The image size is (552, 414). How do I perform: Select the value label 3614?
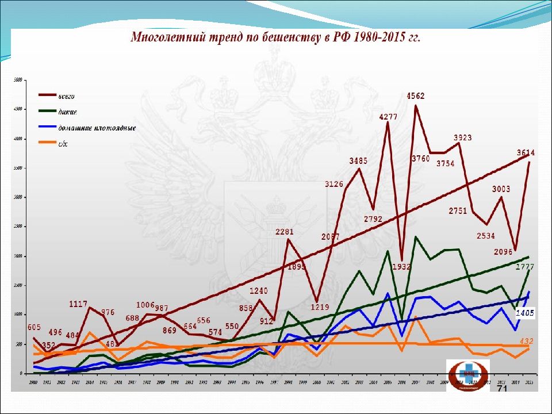coord(525,153)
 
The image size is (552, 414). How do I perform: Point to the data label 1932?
coord(401,266)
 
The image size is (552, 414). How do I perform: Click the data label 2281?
coord(285,232)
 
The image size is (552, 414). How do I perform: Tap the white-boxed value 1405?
coord(525,313)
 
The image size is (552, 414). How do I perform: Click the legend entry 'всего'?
coord(67,96)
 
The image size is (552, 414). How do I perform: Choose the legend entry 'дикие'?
coord(68,112)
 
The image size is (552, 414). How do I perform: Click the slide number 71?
coord(502,389)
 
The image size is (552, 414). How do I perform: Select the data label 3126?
coord(335,185)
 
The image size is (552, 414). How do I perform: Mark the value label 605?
coord(34,327)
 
